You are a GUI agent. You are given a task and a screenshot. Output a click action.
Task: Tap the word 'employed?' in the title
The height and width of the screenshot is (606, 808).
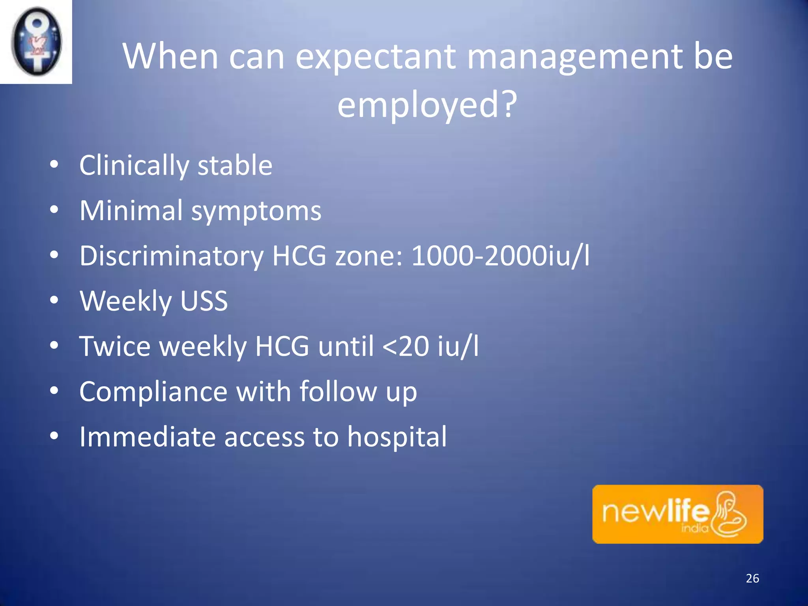click(x=427, y=105)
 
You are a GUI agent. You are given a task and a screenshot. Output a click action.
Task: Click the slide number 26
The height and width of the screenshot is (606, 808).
click(x=752, y=578)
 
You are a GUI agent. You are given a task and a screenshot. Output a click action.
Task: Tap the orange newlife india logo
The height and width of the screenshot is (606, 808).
click(x=677, y=514)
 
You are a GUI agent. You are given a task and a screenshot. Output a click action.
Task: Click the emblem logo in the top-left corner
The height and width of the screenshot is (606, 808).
click(x=36, y=41)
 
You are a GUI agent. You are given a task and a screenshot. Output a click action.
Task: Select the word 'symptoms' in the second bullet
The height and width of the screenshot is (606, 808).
click(x=256, y=211)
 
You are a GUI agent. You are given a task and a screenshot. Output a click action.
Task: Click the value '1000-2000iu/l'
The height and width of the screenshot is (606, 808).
click(x=500, y=256)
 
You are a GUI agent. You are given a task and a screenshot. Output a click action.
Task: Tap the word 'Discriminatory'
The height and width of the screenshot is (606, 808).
click(x=172, y=256)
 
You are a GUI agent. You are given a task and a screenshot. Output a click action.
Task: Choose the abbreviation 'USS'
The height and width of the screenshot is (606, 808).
click(x=204, y=301)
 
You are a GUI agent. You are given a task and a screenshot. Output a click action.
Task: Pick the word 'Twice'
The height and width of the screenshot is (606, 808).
click(x=115, y=346)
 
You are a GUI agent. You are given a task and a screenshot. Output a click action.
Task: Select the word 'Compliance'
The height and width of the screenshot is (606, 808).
click(x=153, y=392)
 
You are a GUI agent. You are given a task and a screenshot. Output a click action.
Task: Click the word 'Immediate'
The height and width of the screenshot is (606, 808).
click(x=147, y=437)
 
